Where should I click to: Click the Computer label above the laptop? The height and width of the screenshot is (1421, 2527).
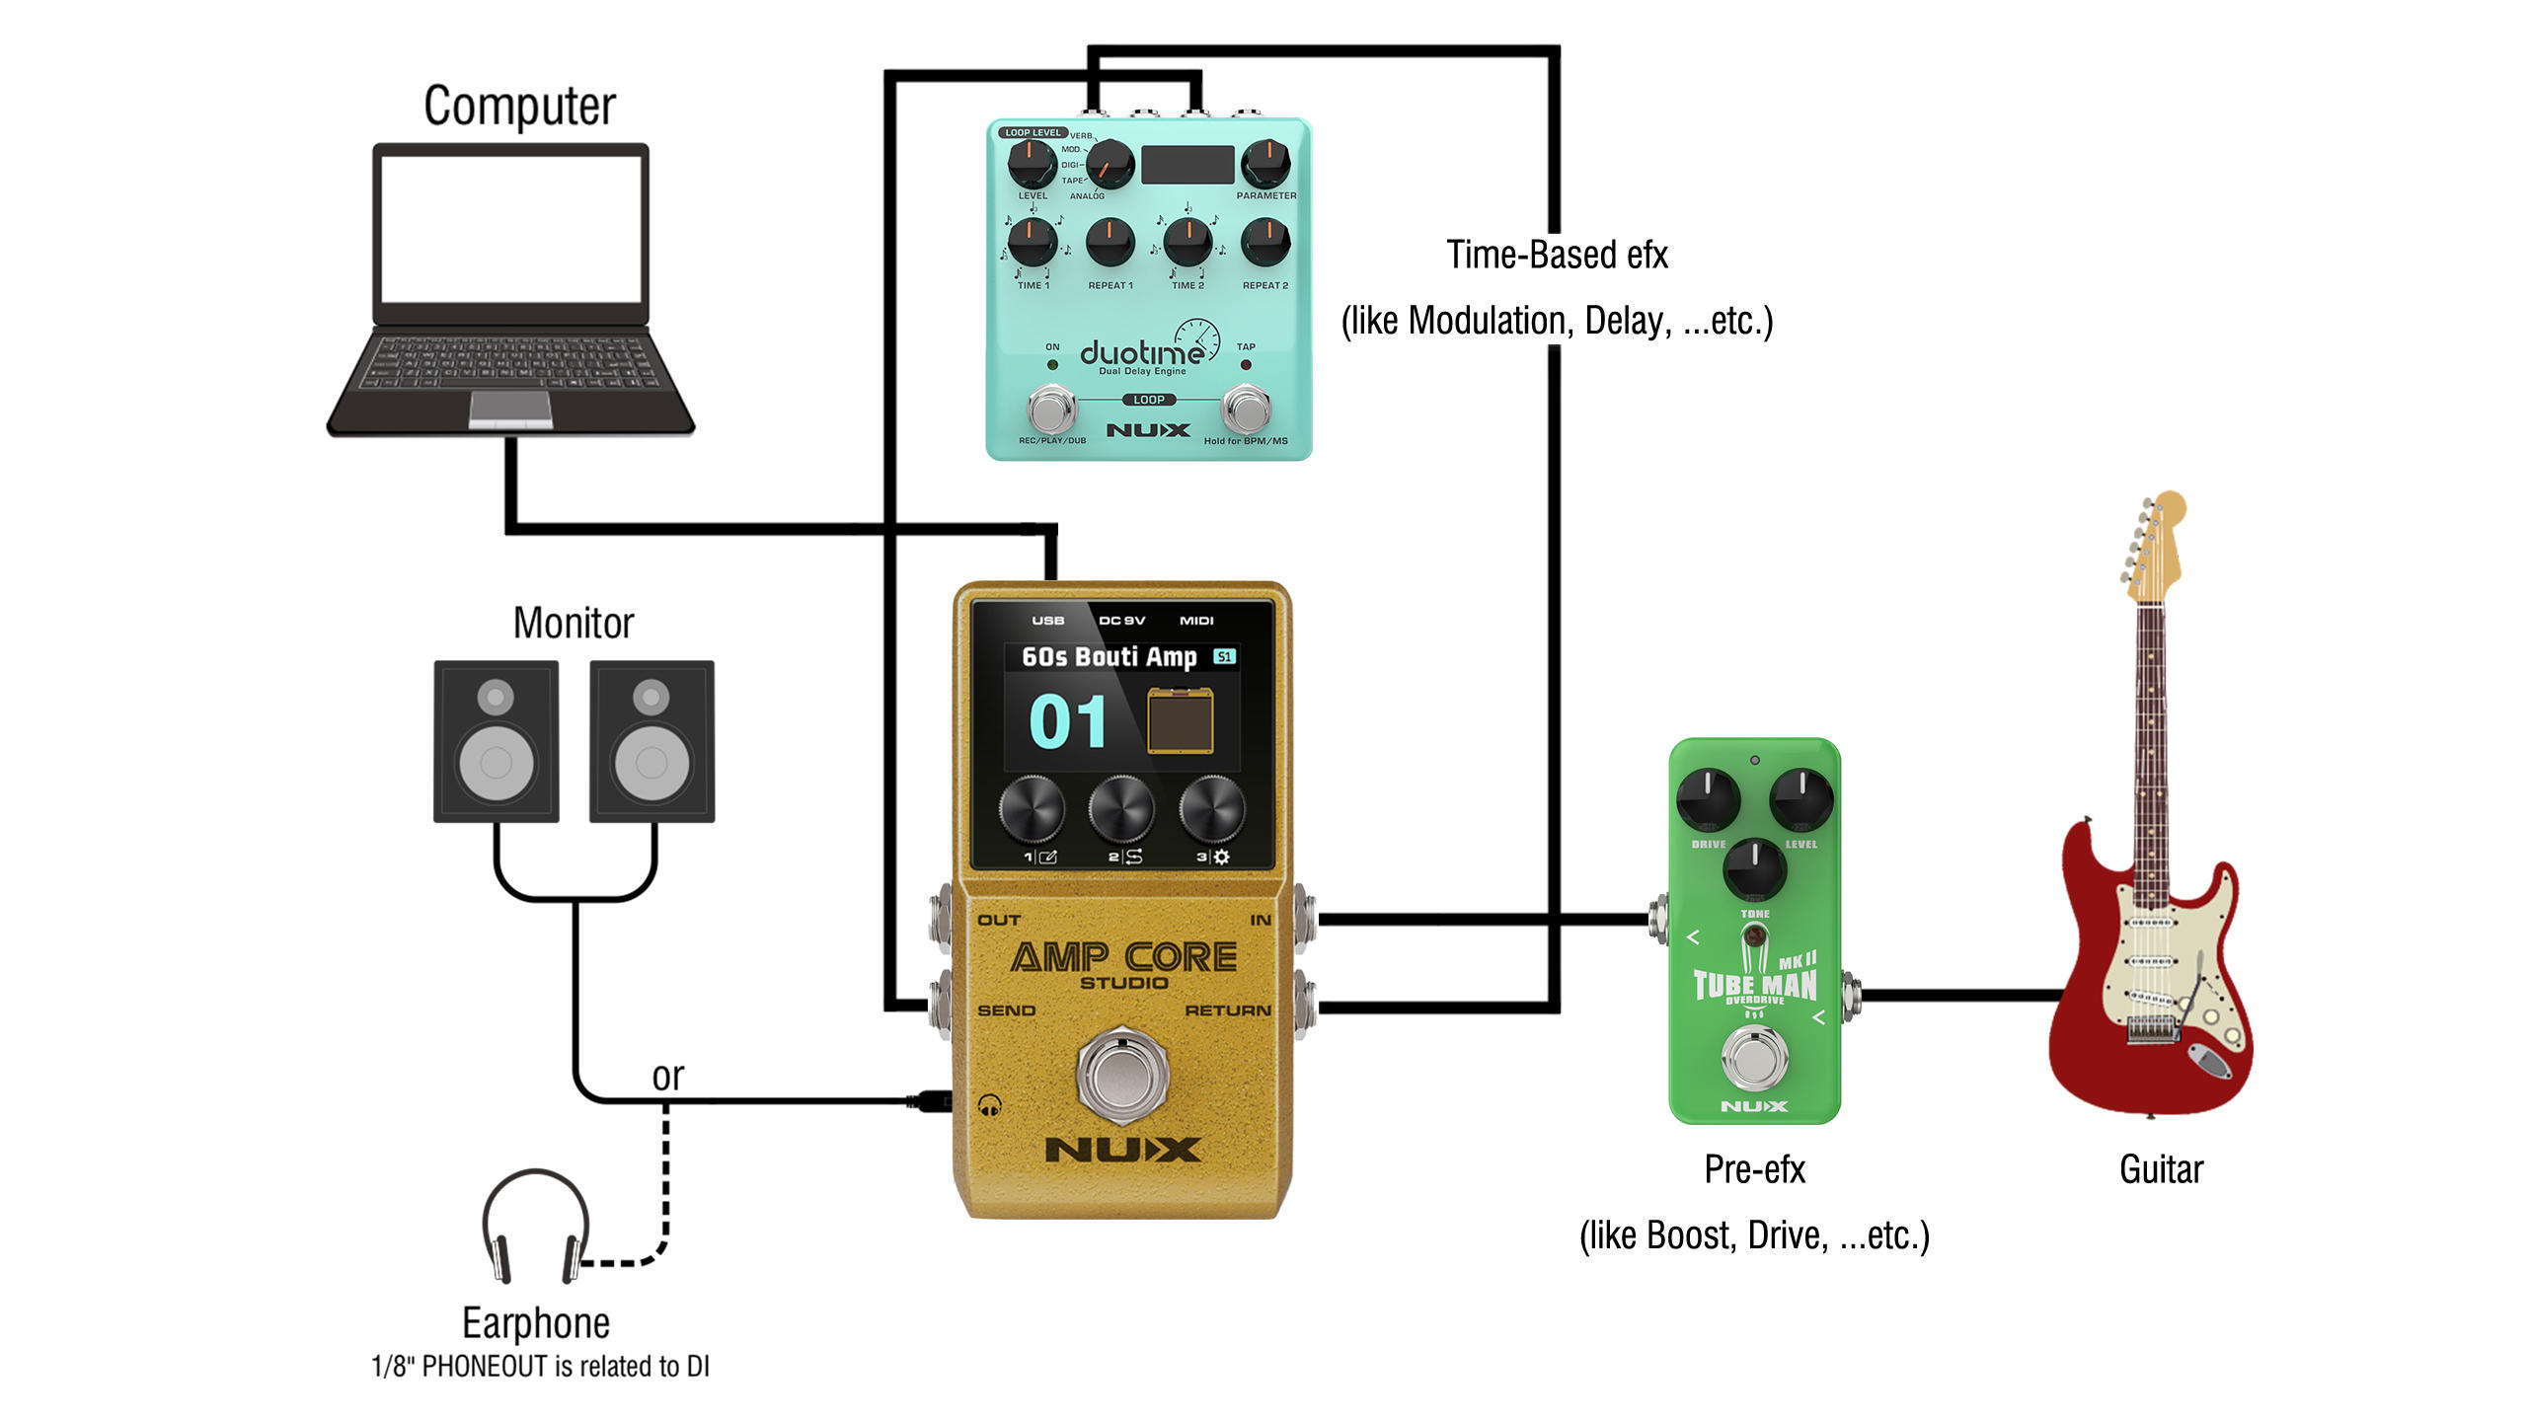point(519,107)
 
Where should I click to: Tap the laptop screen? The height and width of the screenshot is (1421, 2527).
point(510,231)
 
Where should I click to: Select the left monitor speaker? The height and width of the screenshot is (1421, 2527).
point(497,741)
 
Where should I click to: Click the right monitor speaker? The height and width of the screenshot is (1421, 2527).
point(651,741)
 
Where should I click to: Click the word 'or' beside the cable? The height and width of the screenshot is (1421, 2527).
point(667,1077)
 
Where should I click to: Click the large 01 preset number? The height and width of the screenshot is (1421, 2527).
point(1068,721)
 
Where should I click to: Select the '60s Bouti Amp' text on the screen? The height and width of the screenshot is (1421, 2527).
point(1109,657)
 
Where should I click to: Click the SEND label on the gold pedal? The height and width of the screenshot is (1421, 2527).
point(1006,1010)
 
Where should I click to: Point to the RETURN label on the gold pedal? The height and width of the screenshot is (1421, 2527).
point(1227,1010)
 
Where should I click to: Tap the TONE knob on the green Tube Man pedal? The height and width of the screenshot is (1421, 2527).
point(1754,869)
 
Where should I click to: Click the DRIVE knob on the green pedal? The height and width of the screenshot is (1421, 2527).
point(1708,798)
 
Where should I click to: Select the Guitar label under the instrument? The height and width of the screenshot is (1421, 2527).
point(2161,1169)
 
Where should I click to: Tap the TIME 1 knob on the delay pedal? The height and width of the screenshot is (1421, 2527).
point(1031,242)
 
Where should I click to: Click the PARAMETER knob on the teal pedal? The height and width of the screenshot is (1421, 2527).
point(1264,163)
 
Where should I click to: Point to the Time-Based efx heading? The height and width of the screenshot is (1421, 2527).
point(1557,255)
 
